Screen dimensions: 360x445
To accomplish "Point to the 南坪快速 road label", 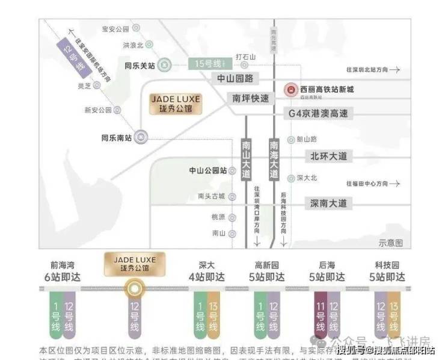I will [251, 98].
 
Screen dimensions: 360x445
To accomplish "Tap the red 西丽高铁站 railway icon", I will [290, 90].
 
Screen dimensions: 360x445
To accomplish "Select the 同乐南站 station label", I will [116, 137].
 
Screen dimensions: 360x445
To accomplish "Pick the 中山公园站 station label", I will [208, 170].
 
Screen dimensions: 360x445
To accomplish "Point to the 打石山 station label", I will [247, 57].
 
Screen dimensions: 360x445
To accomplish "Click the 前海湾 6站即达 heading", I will [62, 272].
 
